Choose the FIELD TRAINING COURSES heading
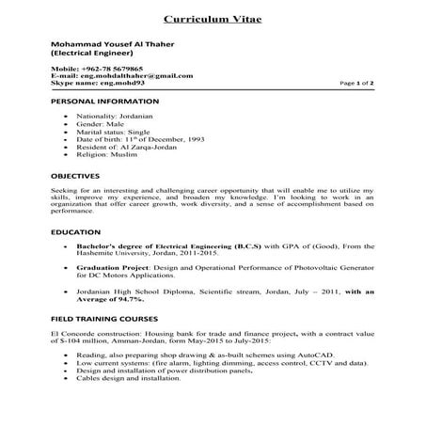[101, 321]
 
